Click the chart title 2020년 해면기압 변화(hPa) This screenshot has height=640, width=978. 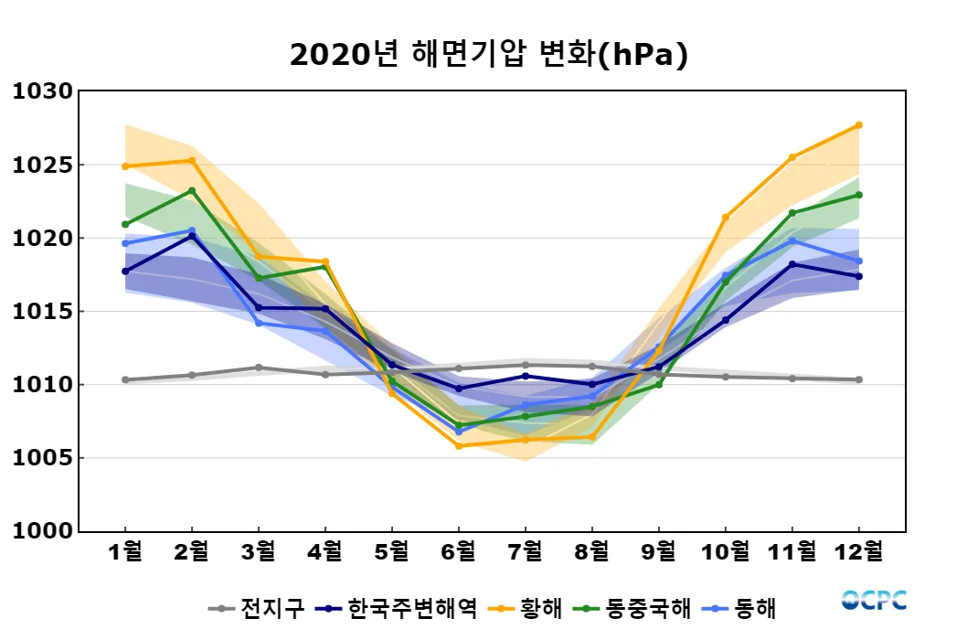click(488, 55)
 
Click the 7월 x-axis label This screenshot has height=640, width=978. click(525, 551)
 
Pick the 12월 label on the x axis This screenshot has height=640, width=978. click(859, 551)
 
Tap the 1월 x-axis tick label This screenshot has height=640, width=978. click(125, 551)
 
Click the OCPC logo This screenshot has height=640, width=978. click(874, 601)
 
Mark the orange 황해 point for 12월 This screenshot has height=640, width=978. click(859, 125)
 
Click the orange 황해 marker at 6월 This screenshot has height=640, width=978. click(459, 445)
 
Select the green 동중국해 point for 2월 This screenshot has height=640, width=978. click(192, 191)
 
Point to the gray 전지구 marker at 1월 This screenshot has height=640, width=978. click(125, 379)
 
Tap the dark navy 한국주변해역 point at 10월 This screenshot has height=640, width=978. click(726, 320)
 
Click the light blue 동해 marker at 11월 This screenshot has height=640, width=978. click(792, 241)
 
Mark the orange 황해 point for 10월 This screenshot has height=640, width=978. click(726, 218)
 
